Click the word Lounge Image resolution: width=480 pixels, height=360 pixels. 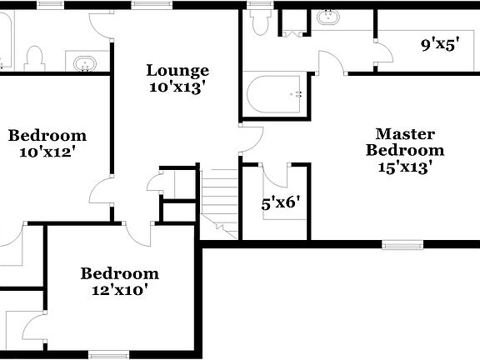pyautogui.click(x=177, y=71)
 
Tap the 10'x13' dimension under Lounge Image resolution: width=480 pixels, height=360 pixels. pyautogui.click(x=177, y=86)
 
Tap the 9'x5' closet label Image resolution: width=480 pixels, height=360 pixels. pyautogui.click(x=441, y=45)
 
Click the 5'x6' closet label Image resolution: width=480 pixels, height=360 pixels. pyautogui.click(x=280, y=202)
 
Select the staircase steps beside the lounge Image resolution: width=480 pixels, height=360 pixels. pyautogui.click(x=221, y=196)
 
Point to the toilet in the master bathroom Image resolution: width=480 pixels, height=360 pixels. pyautogui.click(x=259, y=22)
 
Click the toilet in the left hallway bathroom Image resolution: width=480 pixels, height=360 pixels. pyautogui.click(x=34, y=57)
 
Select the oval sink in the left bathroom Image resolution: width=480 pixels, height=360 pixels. pyautogui.click(x=85, y=62)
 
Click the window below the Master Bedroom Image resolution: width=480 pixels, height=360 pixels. pyautogui.click(x=402, y=244)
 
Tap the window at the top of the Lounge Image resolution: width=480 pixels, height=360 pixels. pyautogui.click(x=147, y=4)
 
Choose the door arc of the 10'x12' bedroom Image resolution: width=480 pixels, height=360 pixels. pyautogui.click(x=100, y=192)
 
